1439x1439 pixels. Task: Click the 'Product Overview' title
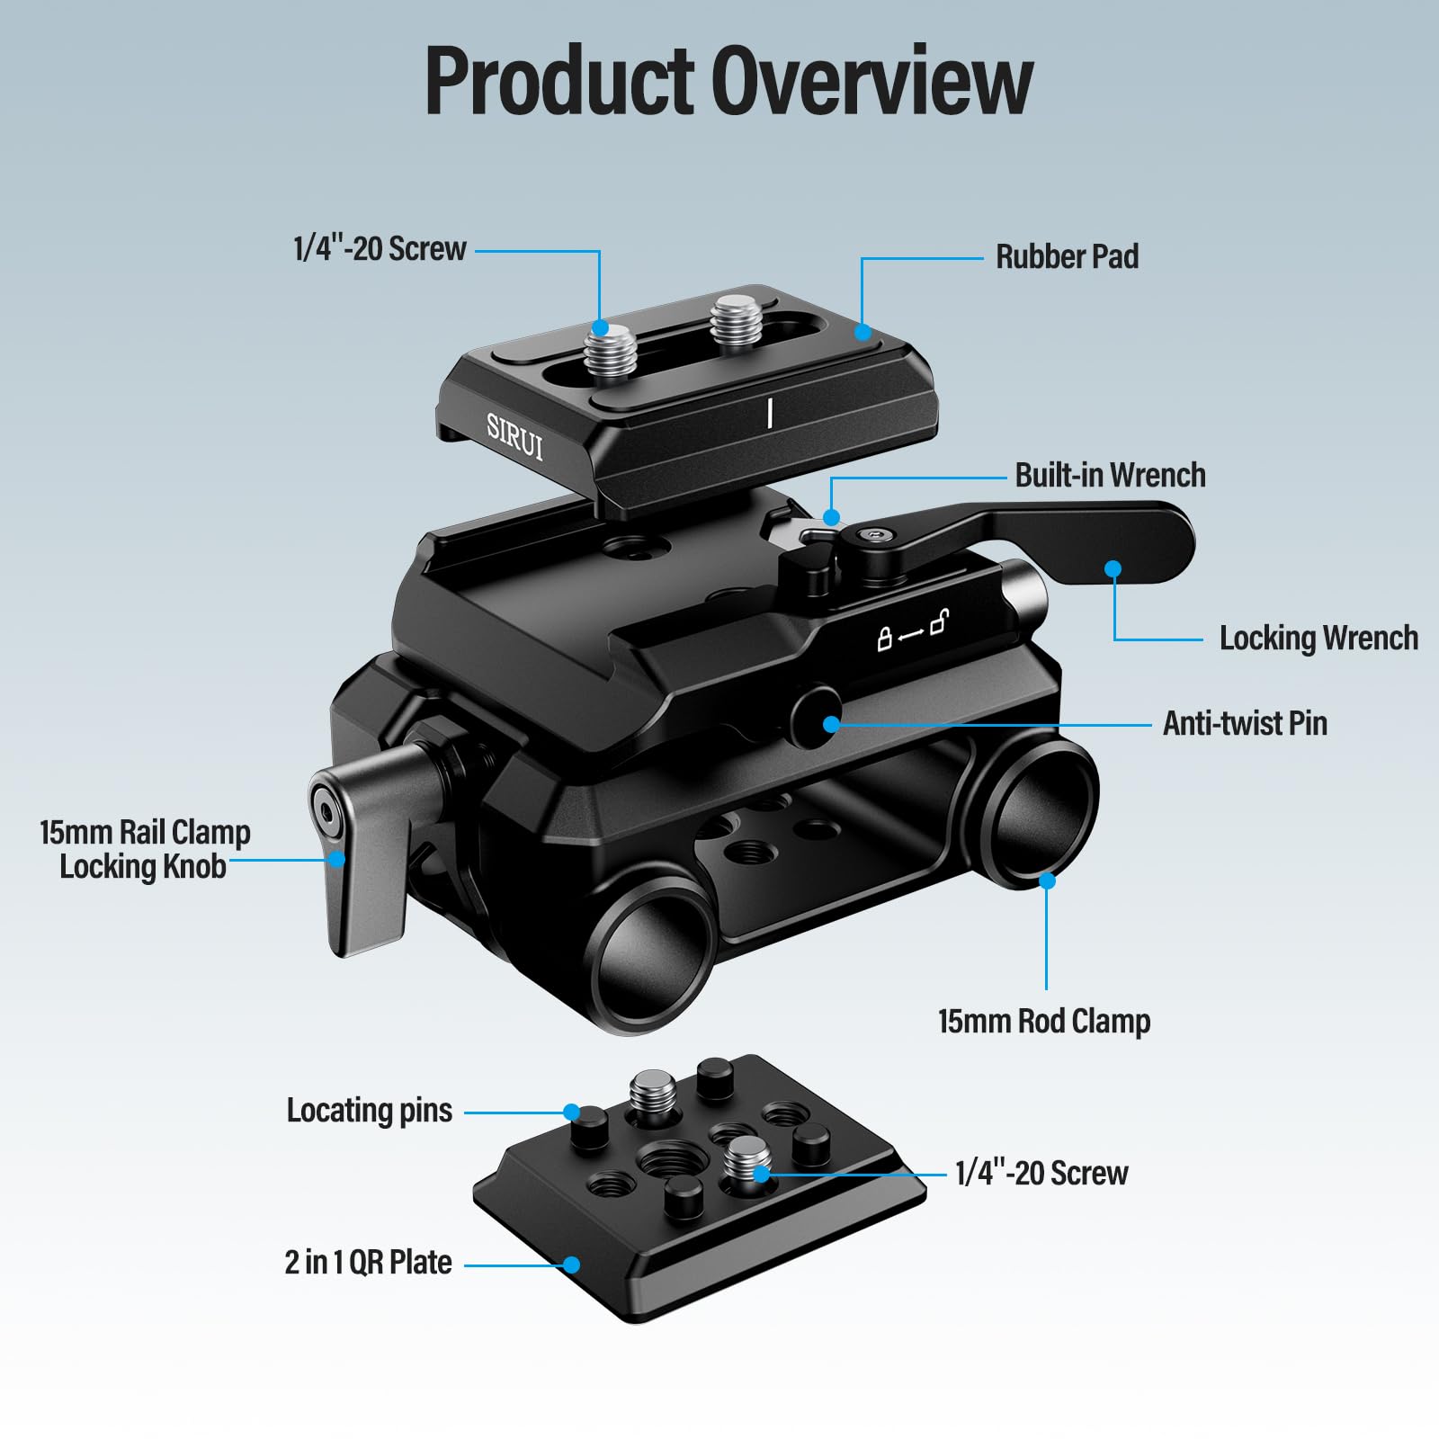coord(728,81)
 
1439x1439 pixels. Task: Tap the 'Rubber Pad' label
coord(1067,257)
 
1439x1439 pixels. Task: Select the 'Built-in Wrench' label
coord(1110,475)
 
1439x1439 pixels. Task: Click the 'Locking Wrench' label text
coord(1318,639)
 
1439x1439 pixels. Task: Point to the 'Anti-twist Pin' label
coord(1245,723)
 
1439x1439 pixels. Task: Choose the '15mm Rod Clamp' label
coord(1044,1022)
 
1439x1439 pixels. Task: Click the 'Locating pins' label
coord(369,1111)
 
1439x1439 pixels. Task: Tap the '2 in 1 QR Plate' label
coord(368,1263)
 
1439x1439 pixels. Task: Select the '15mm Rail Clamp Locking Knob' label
coord(145,849)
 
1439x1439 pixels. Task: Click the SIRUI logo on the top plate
coord(514,437)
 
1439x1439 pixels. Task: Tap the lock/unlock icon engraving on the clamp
coord(912,630)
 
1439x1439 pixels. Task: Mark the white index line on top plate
coord(770,413)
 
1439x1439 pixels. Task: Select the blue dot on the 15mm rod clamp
coord(1047,880)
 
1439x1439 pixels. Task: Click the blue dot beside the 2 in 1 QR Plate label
coord(571,1265)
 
